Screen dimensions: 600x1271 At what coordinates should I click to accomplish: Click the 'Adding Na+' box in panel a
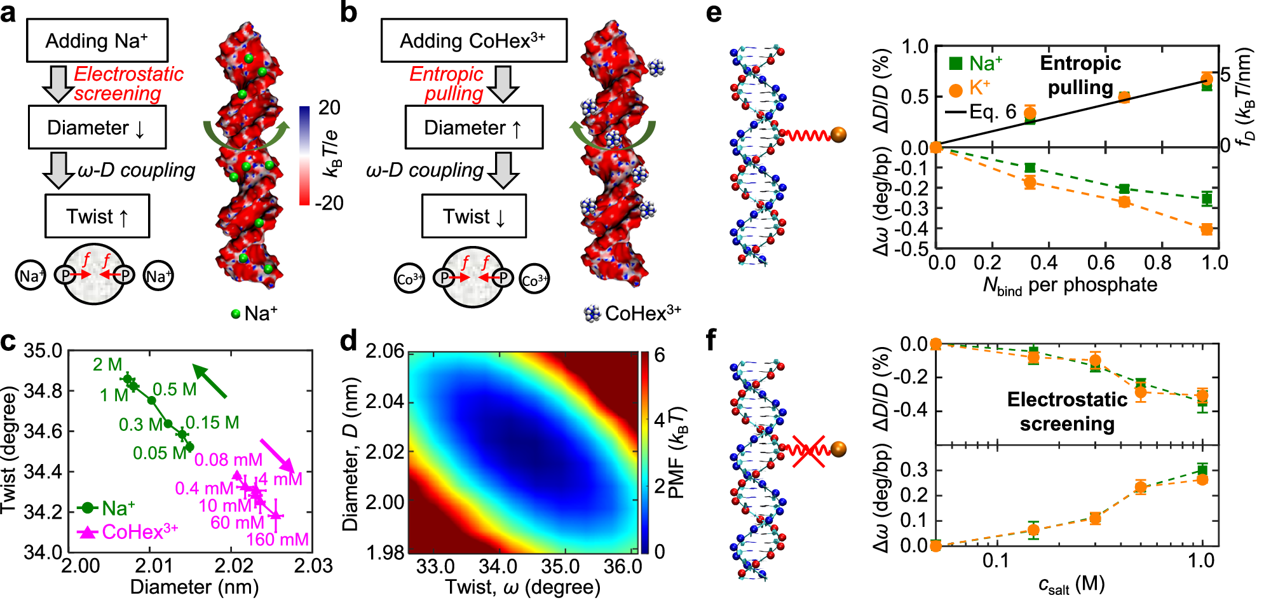[97, 41]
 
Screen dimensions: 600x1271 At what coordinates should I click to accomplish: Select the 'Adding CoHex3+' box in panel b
[473, 41]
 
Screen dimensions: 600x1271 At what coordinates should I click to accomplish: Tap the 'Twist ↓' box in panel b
[474, 217]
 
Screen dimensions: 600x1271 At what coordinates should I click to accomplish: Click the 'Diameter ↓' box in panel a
[97, 128]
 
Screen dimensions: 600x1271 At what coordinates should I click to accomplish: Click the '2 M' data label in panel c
[107, 364]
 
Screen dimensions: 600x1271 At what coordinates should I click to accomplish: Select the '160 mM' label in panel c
[277, 540]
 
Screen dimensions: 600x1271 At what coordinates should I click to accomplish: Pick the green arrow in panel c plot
[209, 381]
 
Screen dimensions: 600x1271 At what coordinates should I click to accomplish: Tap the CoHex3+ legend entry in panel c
[128, 531]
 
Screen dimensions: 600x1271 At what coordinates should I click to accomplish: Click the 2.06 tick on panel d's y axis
[384, 351]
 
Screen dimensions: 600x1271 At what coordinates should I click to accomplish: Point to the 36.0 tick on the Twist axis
[622, 566]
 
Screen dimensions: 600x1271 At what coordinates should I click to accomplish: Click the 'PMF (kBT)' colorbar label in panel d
[678, 453]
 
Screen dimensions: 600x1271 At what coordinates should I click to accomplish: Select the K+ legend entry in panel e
[969, 88]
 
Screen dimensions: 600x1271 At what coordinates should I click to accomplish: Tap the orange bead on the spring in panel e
[839, 135]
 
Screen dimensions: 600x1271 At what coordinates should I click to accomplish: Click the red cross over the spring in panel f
[809, 451]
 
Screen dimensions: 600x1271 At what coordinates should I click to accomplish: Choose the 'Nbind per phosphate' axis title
[1070, 285]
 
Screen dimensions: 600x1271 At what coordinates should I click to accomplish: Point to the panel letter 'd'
[348, 342]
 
